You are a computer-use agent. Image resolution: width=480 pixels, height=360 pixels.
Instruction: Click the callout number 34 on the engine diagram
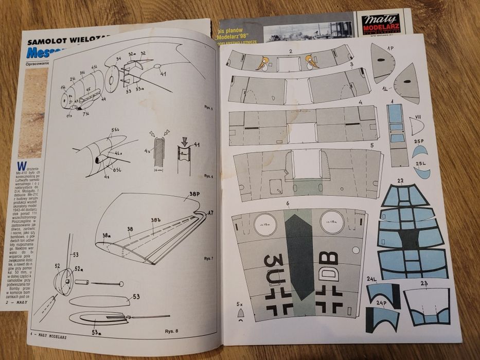pyautogui.click(x=118, y=59)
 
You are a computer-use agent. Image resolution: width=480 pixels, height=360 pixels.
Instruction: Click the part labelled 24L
pyautogui.click(x=382, y=293)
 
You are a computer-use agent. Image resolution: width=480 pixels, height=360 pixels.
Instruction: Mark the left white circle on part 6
pyautogui.click(x=266, y=223)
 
